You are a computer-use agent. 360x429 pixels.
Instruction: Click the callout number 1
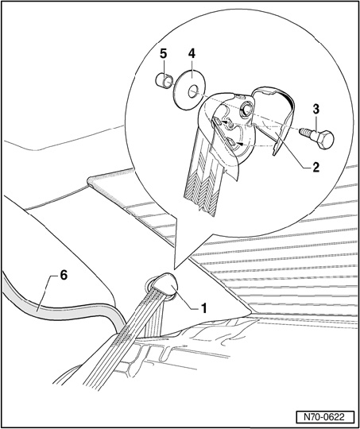point(203,308)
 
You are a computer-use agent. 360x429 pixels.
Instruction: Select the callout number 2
point(316,168)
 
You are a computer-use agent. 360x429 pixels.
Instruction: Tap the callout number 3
point(316,110)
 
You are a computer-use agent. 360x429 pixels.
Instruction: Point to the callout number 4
point(192,54)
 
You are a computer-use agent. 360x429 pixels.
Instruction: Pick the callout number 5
point(163,54)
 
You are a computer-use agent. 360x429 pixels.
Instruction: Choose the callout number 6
point(64,275)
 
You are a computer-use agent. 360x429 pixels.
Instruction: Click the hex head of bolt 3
point(324,139)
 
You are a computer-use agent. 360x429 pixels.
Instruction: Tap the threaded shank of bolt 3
point(306,132)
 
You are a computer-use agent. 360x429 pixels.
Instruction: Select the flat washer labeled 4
point(189,90)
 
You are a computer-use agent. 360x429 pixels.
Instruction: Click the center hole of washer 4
point(192,91)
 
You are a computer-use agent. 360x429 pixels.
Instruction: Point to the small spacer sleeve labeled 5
point(163,80)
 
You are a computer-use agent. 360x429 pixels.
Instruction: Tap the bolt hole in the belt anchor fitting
point(246,110)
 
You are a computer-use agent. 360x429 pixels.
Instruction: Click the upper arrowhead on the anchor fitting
point(226,122)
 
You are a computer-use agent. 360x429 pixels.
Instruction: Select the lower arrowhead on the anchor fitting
point(239,143)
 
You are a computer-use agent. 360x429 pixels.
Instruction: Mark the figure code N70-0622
point(325,417)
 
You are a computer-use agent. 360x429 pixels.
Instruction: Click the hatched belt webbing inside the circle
point(201,186)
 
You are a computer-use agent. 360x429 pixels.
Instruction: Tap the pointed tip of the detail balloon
point(174,269)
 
